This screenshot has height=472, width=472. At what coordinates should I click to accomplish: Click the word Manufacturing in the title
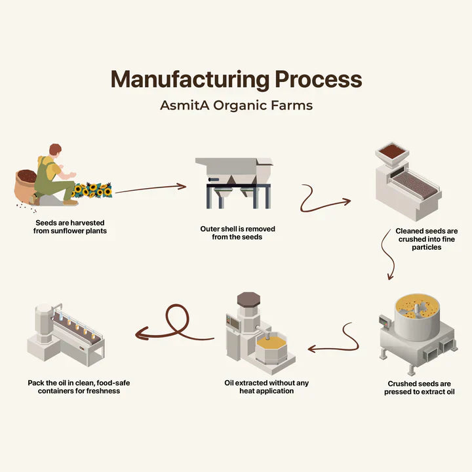pyautogui.click(x=189, y=79)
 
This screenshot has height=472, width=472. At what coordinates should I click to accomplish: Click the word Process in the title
pyautogui.click(x=318, y=79)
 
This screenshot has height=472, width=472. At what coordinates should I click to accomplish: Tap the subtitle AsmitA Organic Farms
pyautogui.click(x=236, y=105)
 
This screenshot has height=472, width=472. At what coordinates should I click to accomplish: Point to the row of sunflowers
pyautogui.click(x=92, y=190)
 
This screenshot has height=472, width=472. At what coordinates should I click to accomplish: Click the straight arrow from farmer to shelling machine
pyautogui.click(x=151, y=189)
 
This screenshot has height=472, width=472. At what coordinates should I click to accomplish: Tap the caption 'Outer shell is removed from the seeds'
pyautogui.click(x=237, y=233)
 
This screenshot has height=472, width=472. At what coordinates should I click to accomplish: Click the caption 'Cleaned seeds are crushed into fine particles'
pyautogui.click(x=426, y=239)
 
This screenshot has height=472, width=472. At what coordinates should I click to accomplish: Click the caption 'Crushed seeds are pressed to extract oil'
pyautogui.click(x=420, y=387)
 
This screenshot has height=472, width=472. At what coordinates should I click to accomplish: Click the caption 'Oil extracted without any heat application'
pyautogui.click(x=266, y=387)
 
